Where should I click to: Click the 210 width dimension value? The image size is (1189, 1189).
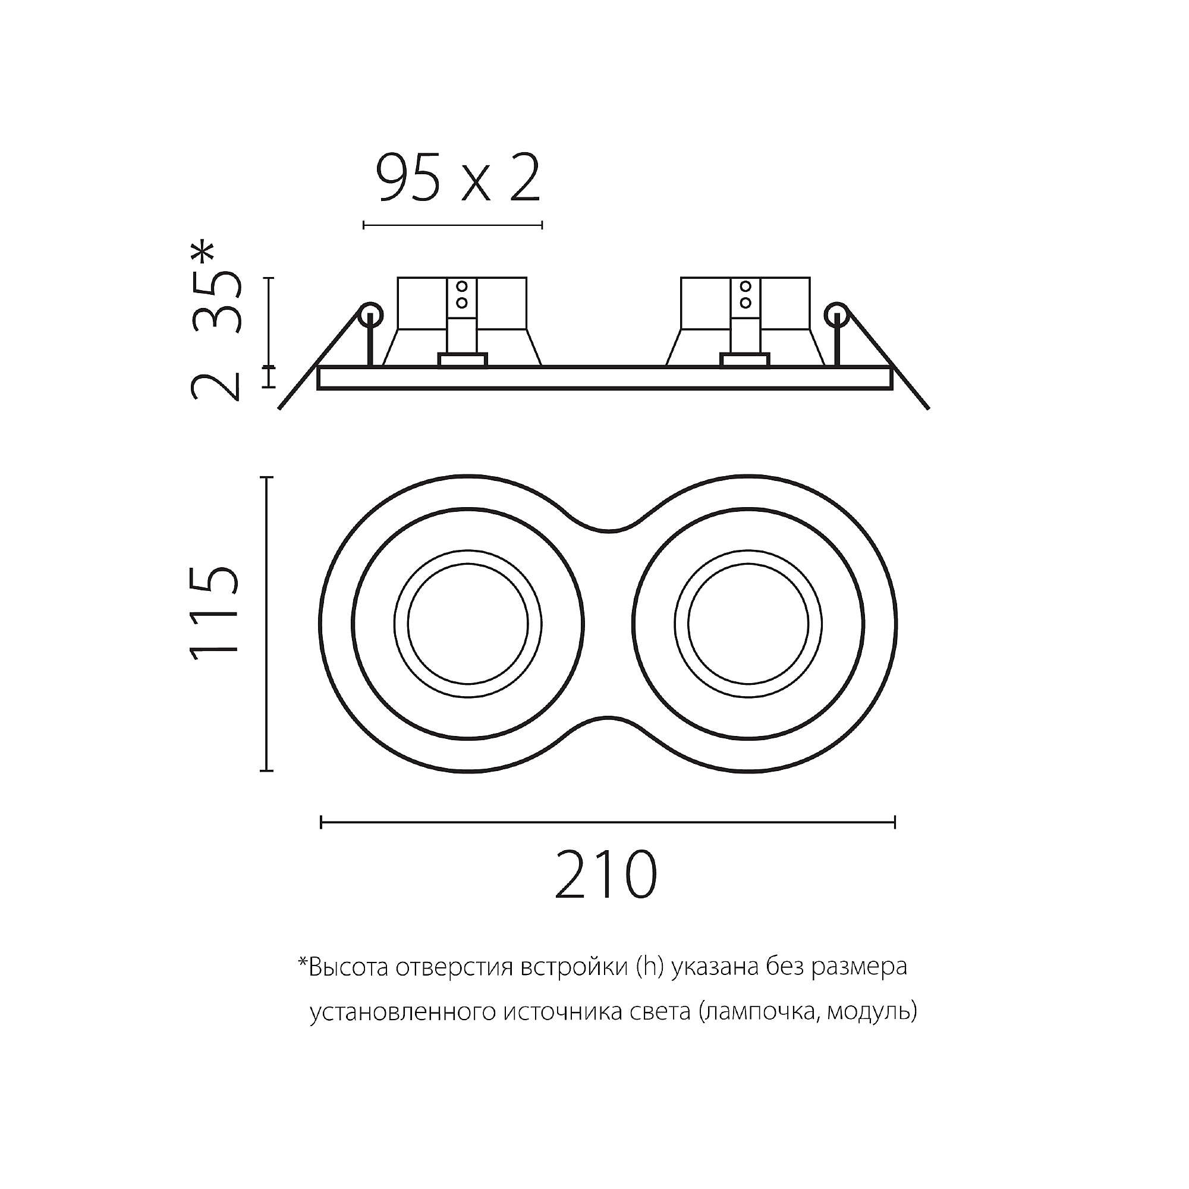click(606, 875)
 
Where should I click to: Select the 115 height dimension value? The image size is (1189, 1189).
click(214, 614)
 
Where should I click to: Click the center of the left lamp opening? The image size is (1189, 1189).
click(468, 624)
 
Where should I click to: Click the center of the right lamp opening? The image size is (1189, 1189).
click(748, 624)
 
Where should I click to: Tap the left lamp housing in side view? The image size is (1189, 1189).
click(461, 322)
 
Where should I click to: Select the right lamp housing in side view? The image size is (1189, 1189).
click(745, 322)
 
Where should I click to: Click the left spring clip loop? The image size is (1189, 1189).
click(370, 316)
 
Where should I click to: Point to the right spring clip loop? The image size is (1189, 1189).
click(836, 316)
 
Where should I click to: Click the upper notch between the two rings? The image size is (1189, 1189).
click(608, 528)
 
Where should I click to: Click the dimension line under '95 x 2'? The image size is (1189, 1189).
click(453, 225)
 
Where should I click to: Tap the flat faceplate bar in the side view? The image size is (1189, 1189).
click(605, 378)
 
